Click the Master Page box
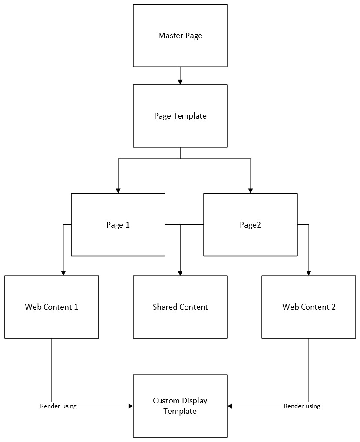(x=180, y=36)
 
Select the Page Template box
(x=180, y=116)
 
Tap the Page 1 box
(x=118, y=224)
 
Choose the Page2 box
(x=250, y=224)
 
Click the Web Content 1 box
(x=52, y=307)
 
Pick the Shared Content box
(x=180, y=307)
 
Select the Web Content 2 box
(x=309, y=307)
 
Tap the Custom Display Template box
(x=180, y=406)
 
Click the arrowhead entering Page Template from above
(x=180, y=82)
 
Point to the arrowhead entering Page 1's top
(x=118, y=191)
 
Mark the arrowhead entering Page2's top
(x=251, y=191)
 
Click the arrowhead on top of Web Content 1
(x=63, y=273)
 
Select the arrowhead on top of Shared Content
(x=180, y=273)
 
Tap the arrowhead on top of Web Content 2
(x=309, y=273)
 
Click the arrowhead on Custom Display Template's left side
(x=131, y=406)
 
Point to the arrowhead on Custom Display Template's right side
(x=229, y=406)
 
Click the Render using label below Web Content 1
(x=58, y=406)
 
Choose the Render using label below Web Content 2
(x=302, y=406)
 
